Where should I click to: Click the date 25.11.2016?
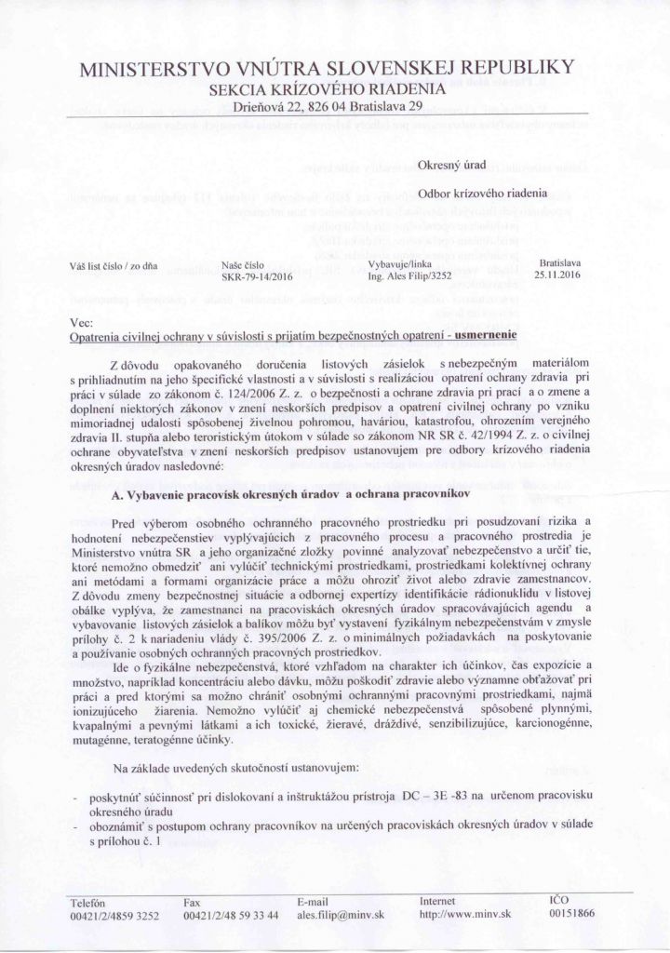pos(557,275)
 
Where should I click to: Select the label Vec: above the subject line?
pos(80,320)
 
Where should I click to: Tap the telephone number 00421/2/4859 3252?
pos(115,916)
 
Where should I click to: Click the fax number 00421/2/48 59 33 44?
pos(232,916)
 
